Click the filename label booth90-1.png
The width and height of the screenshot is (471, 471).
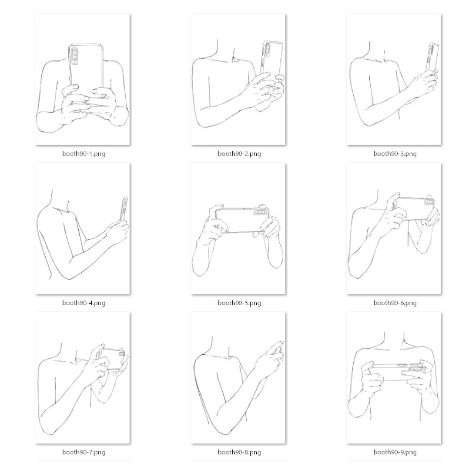[83, 154]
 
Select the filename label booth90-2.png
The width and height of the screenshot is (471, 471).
[239, 154]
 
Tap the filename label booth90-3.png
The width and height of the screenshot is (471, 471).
[395, 154]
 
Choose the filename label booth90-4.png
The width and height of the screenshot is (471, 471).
[83, 303]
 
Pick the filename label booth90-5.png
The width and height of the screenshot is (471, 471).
[239, 303]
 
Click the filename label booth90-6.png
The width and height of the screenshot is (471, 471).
[395, 303]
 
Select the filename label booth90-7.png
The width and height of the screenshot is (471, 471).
[83, 452]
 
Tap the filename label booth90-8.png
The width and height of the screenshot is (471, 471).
[239, 452]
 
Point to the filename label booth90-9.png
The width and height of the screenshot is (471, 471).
[395, 452]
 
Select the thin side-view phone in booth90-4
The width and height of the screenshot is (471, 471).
[124, 210]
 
